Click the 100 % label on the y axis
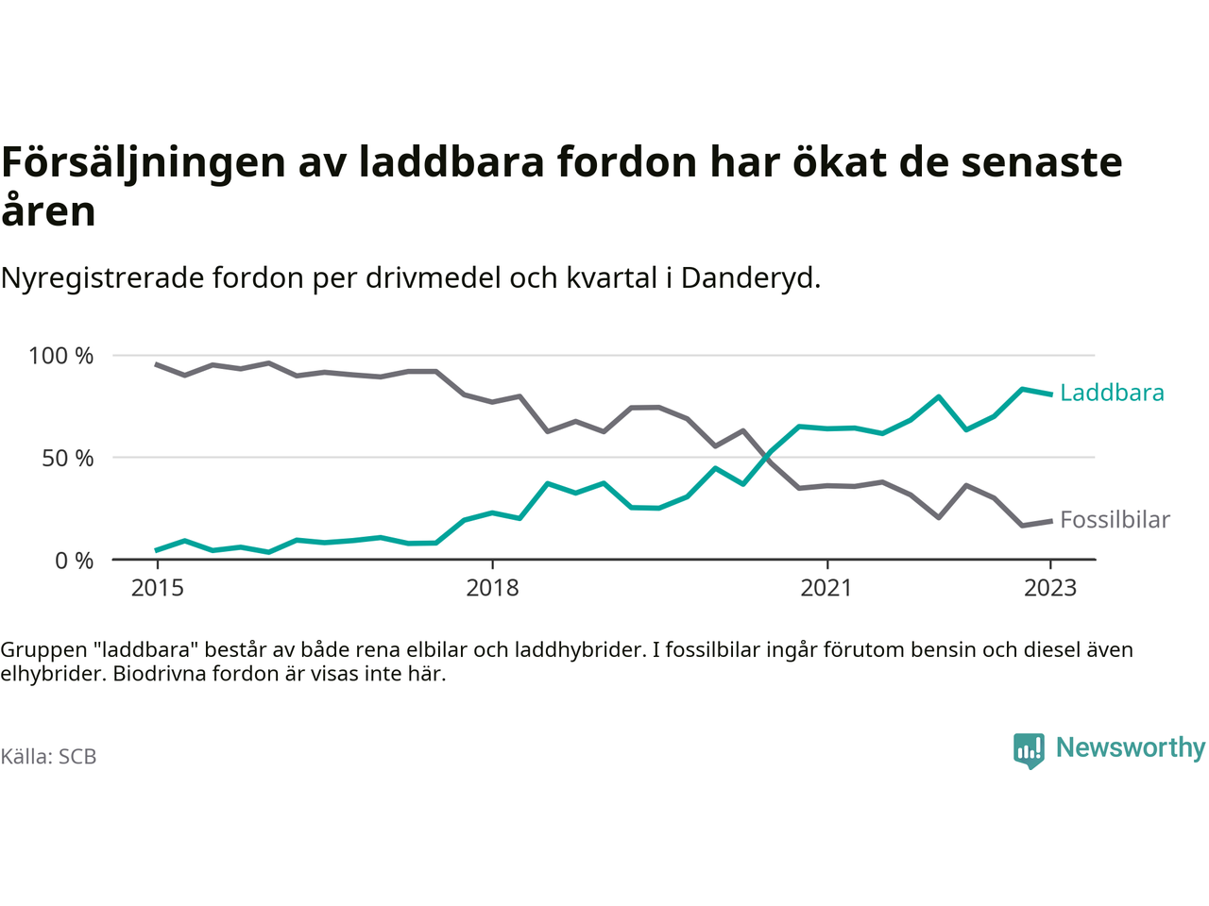click(61, 356)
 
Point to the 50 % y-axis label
click(68, 459)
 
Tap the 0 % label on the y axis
click(75, 561)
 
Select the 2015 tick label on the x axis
click(158, 588)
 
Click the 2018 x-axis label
click(492, 588)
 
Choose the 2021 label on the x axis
click(826, 588)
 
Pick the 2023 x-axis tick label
click(1050, 588)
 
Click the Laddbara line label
click(1112, 393)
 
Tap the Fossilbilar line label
click(1115, 520)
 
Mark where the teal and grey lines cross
click(764, 458)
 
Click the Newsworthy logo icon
click(1029, 750)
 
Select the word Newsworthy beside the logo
click(1131, 747)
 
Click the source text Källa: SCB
click(48, 757)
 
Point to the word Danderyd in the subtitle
click(749, 278)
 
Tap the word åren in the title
click(48, 210)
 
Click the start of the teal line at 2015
click(157, 550)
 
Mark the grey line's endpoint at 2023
click(1051, 521)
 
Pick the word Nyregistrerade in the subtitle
click(102, 278)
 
